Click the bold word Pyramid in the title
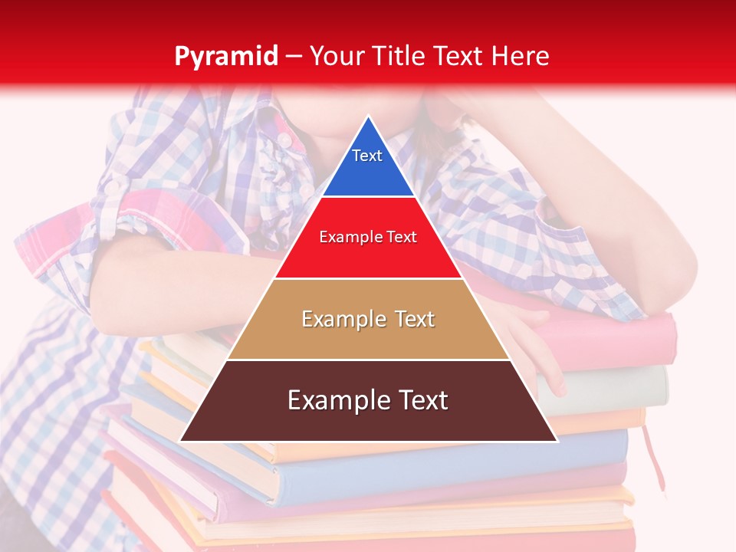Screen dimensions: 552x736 226,57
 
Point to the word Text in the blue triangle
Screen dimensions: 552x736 367,156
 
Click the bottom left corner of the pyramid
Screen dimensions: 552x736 181,440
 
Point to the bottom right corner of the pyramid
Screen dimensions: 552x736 557,440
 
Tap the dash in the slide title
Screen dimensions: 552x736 294,57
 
